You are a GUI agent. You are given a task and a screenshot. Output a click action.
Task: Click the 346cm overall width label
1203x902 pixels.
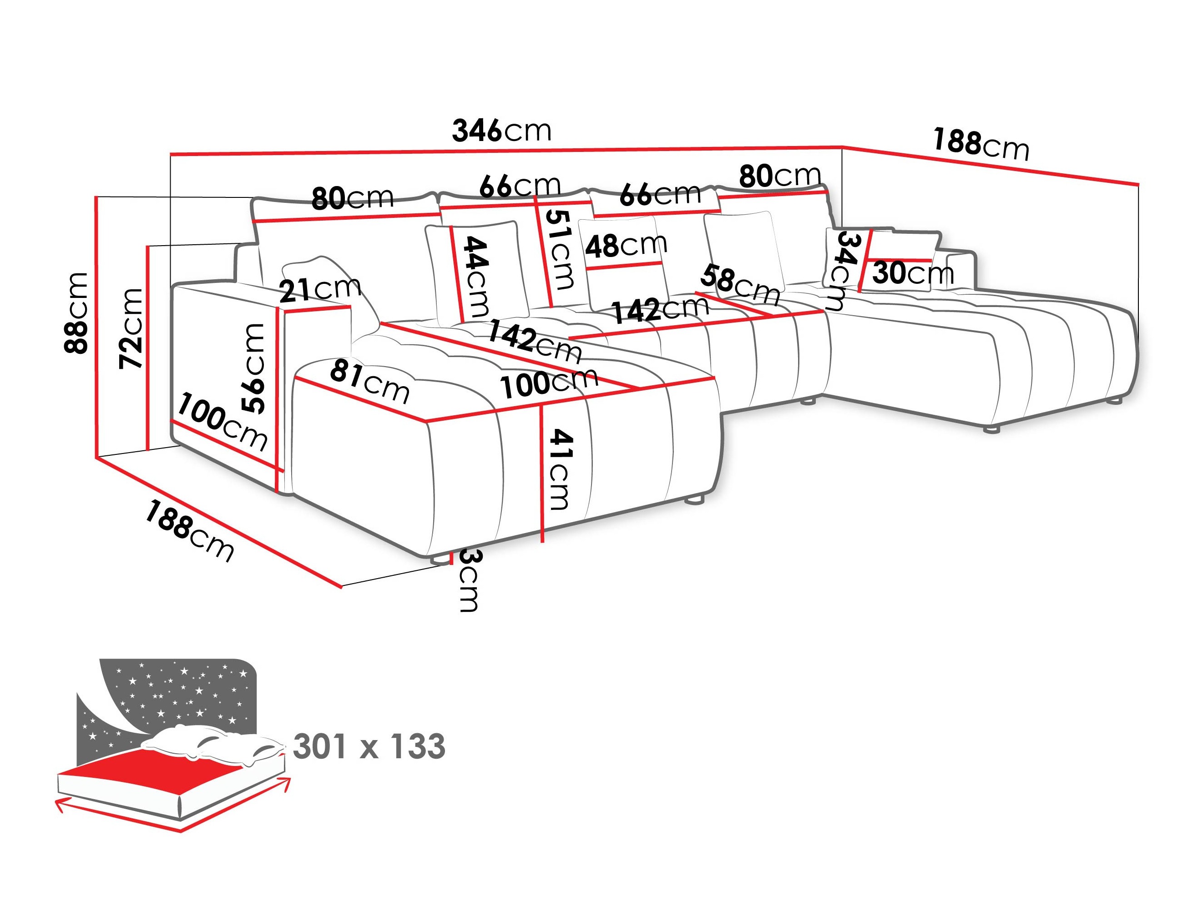click(x=501, y=131)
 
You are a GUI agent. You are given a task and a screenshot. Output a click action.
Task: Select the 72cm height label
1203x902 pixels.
click(x=131, y=329)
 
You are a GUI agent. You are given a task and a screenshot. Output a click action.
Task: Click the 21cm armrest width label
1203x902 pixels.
click(x=320, y=289)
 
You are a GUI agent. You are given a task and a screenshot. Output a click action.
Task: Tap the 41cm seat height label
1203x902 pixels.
click(x=560, y=469)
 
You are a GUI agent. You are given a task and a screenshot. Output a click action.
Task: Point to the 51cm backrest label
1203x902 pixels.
click(x=560, y=250)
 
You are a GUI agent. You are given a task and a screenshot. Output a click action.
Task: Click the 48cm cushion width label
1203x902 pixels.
click(x=626, y=246)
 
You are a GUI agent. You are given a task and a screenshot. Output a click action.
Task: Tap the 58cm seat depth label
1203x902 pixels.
click(x=740, y=285)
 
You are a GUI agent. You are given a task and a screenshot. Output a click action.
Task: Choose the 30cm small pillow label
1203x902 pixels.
click(x=913, y=273)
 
